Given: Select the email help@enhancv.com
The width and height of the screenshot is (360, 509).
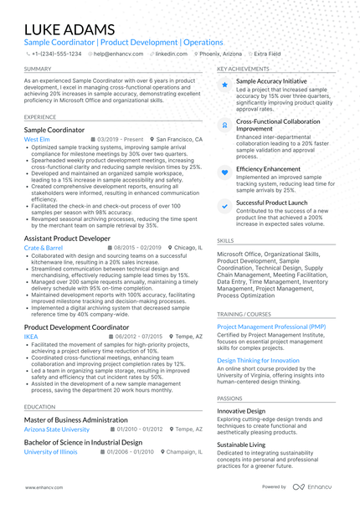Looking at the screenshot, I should click(118, 53).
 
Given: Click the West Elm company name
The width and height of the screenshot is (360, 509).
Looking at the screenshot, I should click(37, 139).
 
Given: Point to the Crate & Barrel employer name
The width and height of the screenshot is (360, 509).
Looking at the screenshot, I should click(44, 248).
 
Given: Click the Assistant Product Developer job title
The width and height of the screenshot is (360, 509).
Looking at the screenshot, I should click(67, 238).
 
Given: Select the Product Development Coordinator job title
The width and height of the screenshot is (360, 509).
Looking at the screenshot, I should click(77, 326).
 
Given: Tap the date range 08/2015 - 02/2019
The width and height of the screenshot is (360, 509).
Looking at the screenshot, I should click(137, 248).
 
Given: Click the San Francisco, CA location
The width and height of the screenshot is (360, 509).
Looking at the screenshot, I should click(179, 139).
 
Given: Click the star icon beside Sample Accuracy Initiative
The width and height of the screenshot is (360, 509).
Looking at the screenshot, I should click(224, 85).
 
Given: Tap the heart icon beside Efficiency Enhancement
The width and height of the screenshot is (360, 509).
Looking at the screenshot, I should click(224, 171).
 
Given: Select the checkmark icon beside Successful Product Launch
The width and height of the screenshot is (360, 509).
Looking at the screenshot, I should click(224, 206).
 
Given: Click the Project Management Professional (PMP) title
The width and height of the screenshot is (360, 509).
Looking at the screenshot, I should click(271, 326).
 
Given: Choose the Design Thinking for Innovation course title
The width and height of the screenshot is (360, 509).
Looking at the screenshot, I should click(257, 360).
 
